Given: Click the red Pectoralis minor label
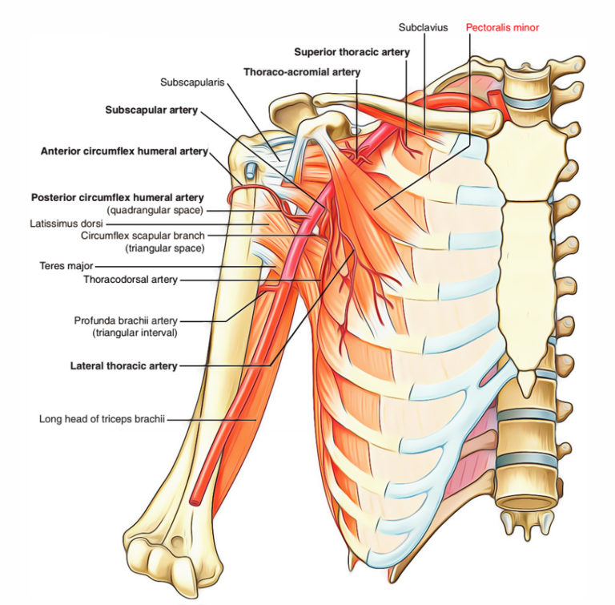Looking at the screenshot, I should (x=502, y=27).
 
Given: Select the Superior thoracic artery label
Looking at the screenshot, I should (x=352, y=52).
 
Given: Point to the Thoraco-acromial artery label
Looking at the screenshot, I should (x=301, y=71).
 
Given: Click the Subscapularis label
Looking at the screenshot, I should (x=191, y=82).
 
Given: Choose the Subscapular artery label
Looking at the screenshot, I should (x=151, y=110).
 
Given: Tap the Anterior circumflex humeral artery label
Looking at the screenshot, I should (x=125, y=151).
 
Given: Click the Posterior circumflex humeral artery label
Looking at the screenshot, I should (x=117, y=197).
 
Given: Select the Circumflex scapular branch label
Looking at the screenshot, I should (x=143, y=236).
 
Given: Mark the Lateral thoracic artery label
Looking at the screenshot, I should (x=123, y=366).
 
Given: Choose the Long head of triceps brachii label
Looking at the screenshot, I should (x=102, y=417).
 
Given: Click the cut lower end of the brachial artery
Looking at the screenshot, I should (x=197, y=500).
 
